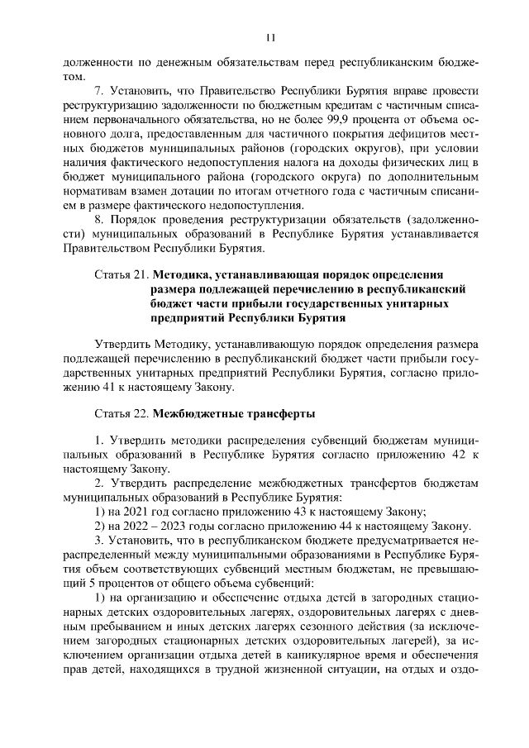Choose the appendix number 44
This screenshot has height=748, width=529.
(321, 526)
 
